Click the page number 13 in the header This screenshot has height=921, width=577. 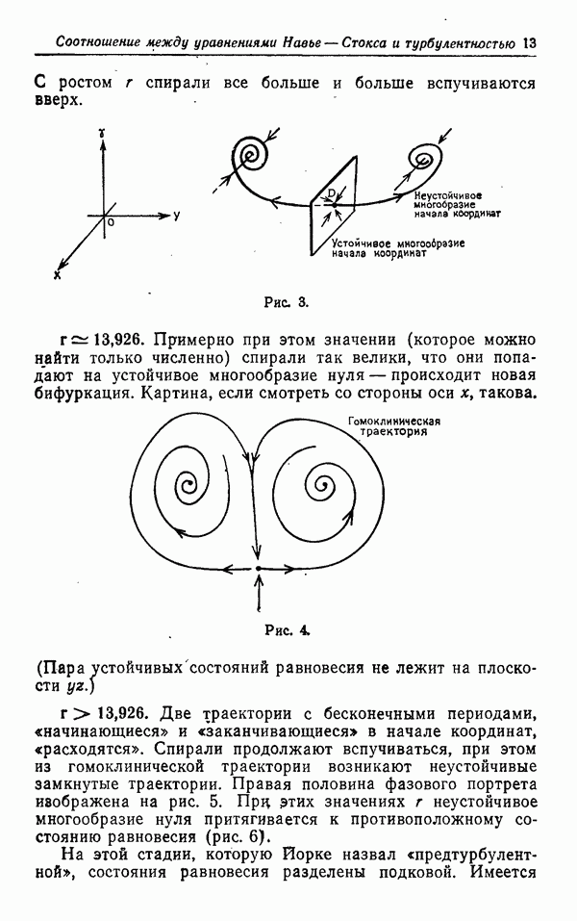(528, 42)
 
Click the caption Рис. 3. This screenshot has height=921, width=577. (286, 302)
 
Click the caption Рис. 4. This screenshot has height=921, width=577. (286, 631)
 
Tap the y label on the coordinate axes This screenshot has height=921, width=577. (177, 215)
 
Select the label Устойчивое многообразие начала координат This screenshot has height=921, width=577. (397, 249)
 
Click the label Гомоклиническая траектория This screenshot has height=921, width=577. (394, 426)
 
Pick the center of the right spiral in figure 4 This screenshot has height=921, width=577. (323, 481)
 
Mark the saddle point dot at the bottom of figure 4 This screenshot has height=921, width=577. (259, 570)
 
